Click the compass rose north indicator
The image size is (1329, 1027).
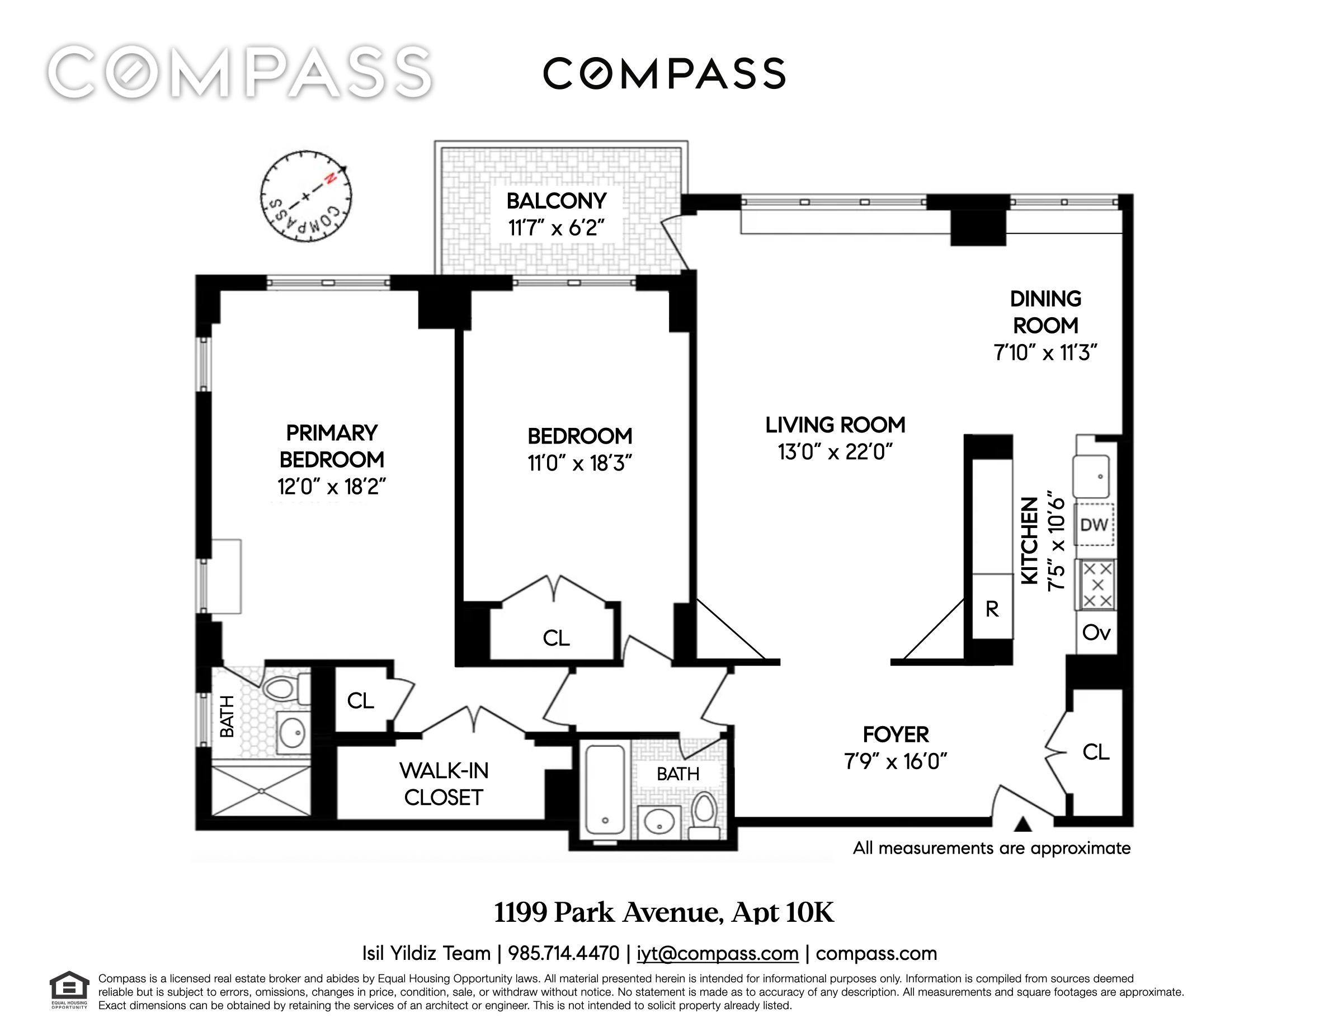(x=331, y=178)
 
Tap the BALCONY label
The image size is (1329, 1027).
(x=556, y=201)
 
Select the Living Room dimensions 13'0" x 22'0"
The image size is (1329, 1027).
(x=835, y=452)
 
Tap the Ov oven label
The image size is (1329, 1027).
(x=1096, y=633)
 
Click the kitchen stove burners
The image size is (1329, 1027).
(x=1098, y=585)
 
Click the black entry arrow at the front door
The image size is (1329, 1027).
(x=1024, y=825)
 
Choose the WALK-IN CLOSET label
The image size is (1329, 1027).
(x=444, y=784)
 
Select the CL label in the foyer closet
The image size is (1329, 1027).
(x=1096, y=752)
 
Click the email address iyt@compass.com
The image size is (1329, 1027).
(x=718, y=953)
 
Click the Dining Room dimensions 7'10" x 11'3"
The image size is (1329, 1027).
(x=1045, y=352)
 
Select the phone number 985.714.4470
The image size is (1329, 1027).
(x=563, y=953)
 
